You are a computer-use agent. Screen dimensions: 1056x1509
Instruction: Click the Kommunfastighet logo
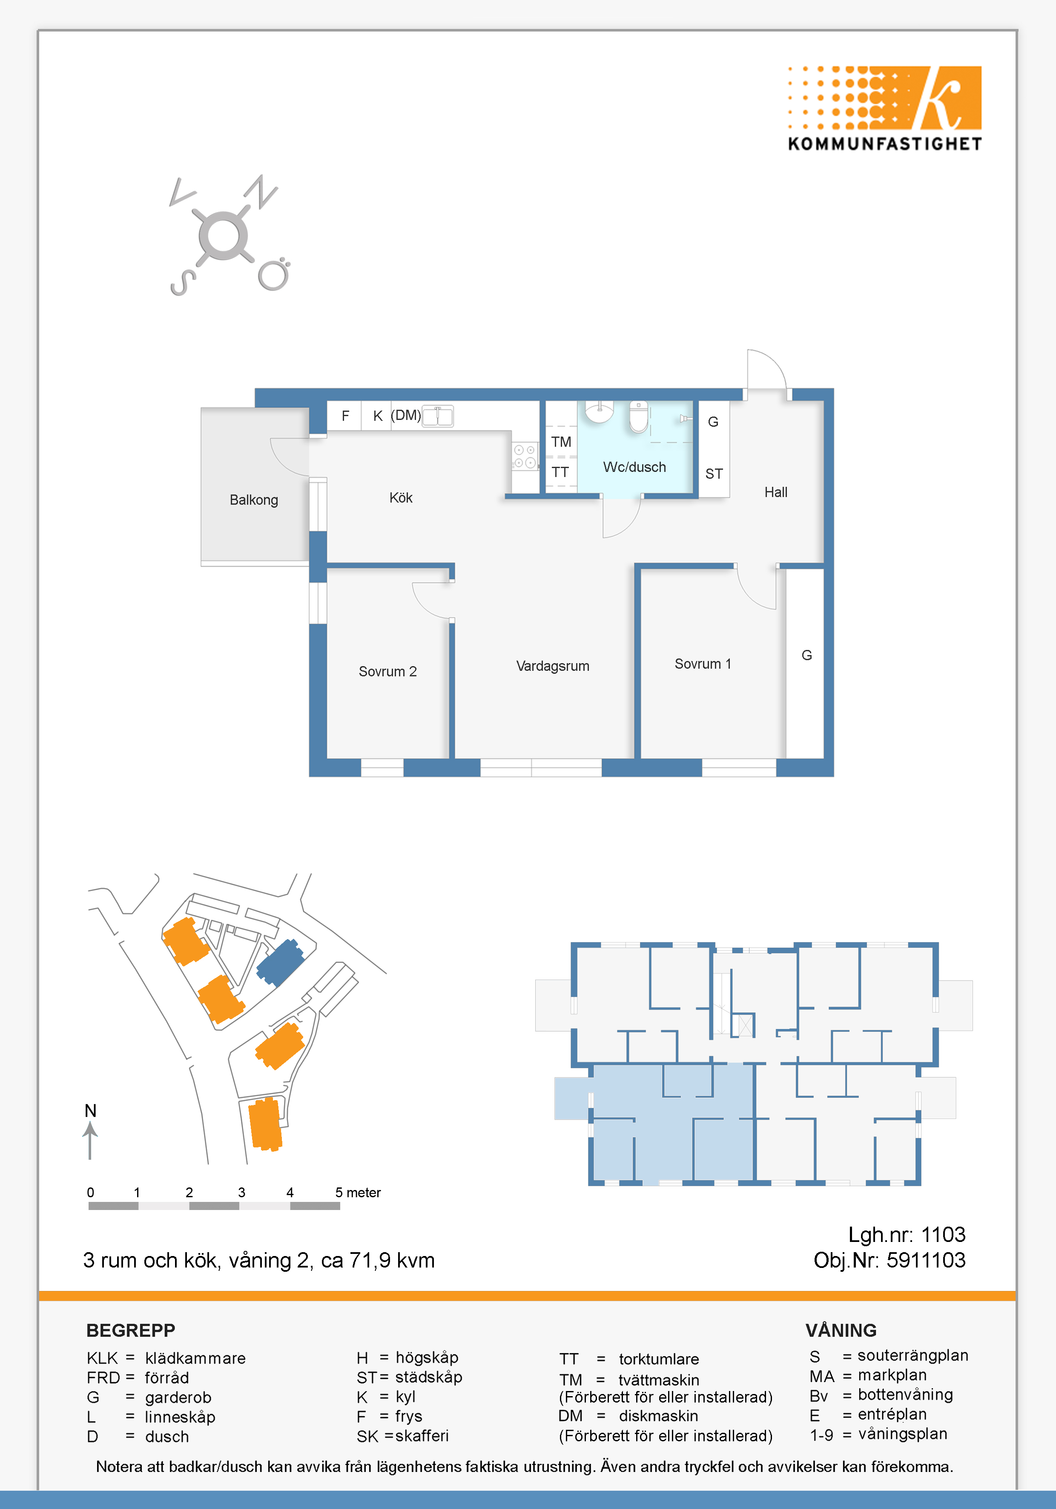[x=884, y=109]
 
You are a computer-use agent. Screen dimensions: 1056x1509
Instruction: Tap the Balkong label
[x=254, y=500]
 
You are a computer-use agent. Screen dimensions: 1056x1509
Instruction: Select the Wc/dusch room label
[x=634, y=467]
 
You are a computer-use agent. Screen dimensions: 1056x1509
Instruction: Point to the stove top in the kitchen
[x=525, y=456]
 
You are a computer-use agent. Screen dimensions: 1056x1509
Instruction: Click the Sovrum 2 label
[x=388, y=672]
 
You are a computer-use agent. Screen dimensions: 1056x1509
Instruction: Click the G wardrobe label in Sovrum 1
[x=806, y=655]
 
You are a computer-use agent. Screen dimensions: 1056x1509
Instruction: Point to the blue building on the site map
[x=280, y=962]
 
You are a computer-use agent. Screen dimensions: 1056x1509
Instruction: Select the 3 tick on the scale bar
[x=241, y=1192]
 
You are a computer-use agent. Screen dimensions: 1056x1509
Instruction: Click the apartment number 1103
[x=943, y=1234]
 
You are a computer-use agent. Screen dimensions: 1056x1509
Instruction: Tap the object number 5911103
[x=926, y=1260]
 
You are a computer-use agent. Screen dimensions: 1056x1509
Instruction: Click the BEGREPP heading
[x=131, y=1330]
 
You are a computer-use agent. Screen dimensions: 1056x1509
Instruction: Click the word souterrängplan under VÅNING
[x=913, y=1356]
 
